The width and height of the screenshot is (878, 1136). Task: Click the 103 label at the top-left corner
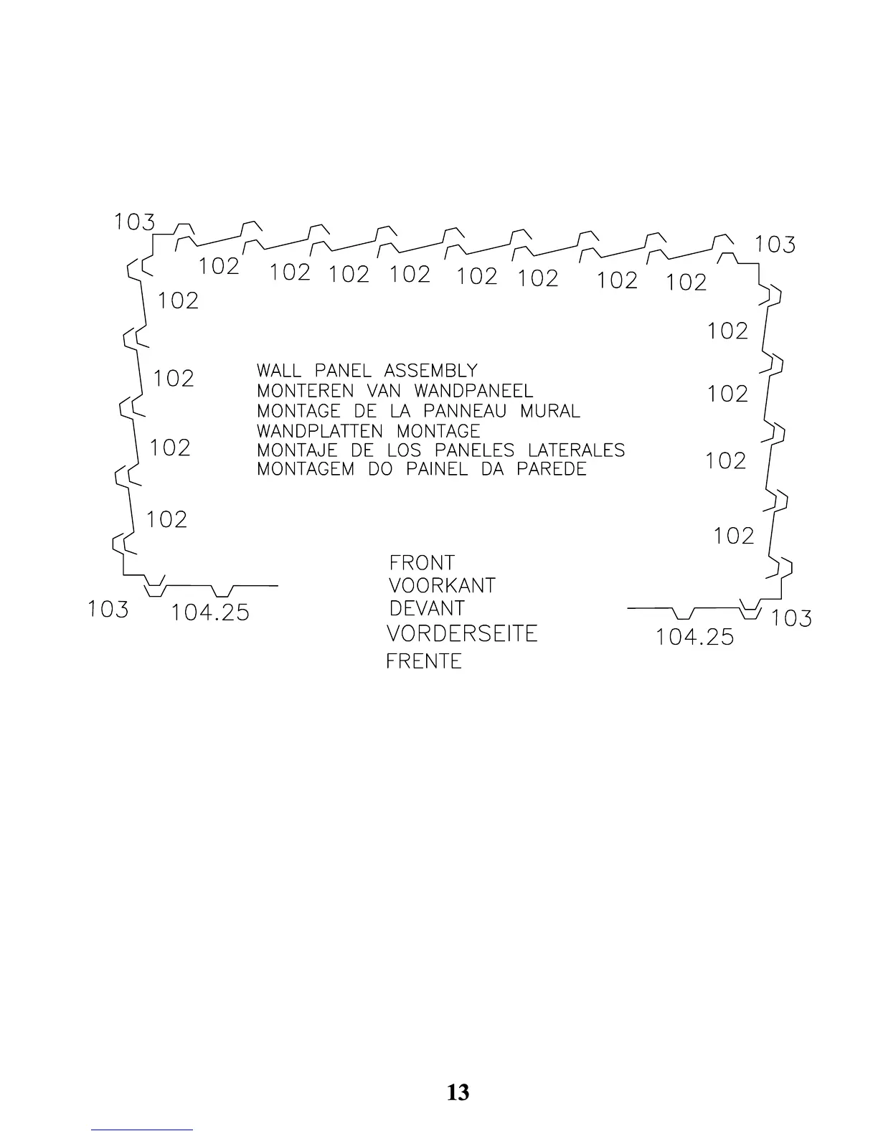click(135, 222)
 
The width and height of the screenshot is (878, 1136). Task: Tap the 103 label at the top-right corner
click(775, 245)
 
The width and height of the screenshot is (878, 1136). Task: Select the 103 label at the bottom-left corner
click(108, 610)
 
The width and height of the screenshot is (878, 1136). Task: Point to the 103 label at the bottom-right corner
click(791, 618)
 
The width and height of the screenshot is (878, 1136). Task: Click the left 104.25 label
click(210, 612)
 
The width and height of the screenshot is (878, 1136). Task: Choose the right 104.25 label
click(695, 637)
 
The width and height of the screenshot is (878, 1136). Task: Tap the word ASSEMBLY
click(430, 371)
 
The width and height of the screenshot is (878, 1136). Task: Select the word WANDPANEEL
click(473, 391)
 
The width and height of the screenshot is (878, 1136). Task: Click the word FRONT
click(422, 563)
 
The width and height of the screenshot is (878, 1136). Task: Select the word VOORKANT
click(442, 586)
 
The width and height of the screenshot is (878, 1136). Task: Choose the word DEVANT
click(427, 609)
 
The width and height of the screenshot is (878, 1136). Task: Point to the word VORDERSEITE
click(462, 634)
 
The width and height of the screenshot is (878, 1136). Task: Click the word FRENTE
click(424, 661)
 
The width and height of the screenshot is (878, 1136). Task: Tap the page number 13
click(458, 1092)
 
